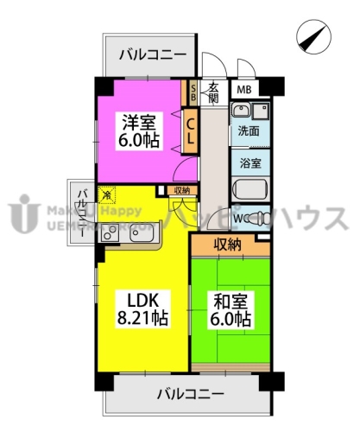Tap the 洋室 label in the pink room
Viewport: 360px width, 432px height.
(x=138, y=124)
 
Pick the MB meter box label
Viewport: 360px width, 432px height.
(x=244, y=88)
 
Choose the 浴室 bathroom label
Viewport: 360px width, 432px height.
(x=248, y=162)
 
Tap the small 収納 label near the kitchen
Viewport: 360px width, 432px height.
(x=181, y=191)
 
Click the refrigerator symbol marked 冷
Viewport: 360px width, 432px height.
(x=106, y=195)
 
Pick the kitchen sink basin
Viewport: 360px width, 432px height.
(x=140, y=232)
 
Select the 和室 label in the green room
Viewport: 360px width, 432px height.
(x=229, y=302)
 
